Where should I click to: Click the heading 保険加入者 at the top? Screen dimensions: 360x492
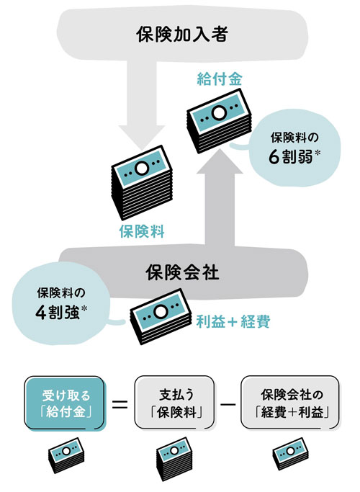tap(182, 34)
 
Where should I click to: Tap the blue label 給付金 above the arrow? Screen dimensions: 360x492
tap(220, 79)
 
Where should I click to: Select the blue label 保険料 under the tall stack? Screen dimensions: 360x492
tap(142, 231)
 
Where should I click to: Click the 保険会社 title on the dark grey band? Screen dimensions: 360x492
tap(182, 272)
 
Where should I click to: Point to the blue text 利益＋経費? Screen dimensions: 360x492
tap(233, 321)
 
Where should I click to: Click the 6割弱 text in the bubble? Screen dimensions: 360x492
tap(291, 157)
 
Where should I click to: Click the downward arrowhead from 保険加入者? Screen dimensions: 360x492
tap(142, 137)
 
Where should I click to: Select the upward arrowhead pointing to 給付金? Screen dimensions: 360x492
tap(220, 161)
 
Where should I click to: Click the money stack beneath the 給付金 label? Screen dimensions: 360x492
tap(220, 121)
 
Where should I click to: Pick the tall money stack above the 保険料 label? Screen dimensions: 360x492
tap(142, 182)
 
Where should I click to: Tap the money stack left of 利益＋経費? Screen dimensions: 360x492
tap(161, 316)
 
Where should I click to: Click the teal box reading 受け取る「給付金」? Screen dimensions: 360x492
tap(64, 403)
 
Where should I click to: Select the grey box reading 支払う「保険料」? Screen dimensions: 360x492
tap(175, 403)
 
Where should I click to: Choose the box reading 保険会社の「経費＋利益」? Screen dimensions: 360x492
tap(290, 403)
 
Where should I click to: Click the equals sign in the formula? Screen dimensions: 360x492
tap(120, 404)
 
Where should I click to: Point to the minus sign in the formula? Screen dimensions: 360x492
tap(228, 404)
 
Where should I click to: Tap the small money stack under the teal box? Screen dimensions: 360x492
tap(66, 455)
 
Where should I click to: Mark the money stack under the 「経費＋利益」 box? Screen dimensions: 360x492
tap(290, 454)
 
